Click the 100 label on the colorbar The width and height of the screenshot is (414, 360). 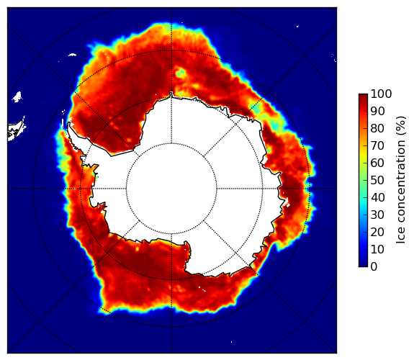click(x=381, y=94)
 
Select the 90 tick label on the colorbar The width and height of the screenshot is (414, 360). click(x=377, y=111)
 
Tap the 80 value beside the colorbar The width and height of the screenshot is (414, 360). click(x=377, y=128)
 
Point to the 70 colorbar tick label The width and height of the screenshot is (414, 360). click(x=377, y=145)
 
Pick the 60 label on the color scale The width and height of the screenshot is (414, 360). click(x=377, y=163)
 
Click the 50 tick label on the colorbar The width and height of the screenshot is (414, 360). click(x=377, y=180)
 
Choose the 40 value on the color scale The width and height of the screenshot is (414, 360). click(x=377, y=197)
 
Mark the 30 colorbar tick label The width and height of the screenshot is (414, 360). click(x=377, y=215)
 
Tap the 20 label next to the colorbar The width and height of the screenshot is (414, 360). click(x=377, y=232)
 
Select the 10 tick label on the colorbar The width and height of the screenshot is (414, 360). click(x=377, y=249)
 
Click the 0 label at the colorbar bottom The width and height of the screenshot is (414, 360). click(x=374, y=267)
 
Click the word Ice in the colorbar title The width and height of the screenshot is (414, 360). click(x=401, y=235)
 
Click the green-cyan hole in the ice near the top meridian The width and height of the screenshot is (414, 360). click(x=181, y=73)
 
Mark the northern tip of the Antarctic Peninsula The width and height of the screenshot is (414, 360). click(x=69, y=123)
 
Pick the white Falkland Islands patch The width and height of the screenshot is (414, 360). click(x=17, y=96)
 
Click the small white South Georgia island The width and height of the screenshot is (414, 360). click(x=72, y=55)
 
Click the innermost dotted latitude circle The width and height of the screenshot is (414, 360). click(x=171, y=143)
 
